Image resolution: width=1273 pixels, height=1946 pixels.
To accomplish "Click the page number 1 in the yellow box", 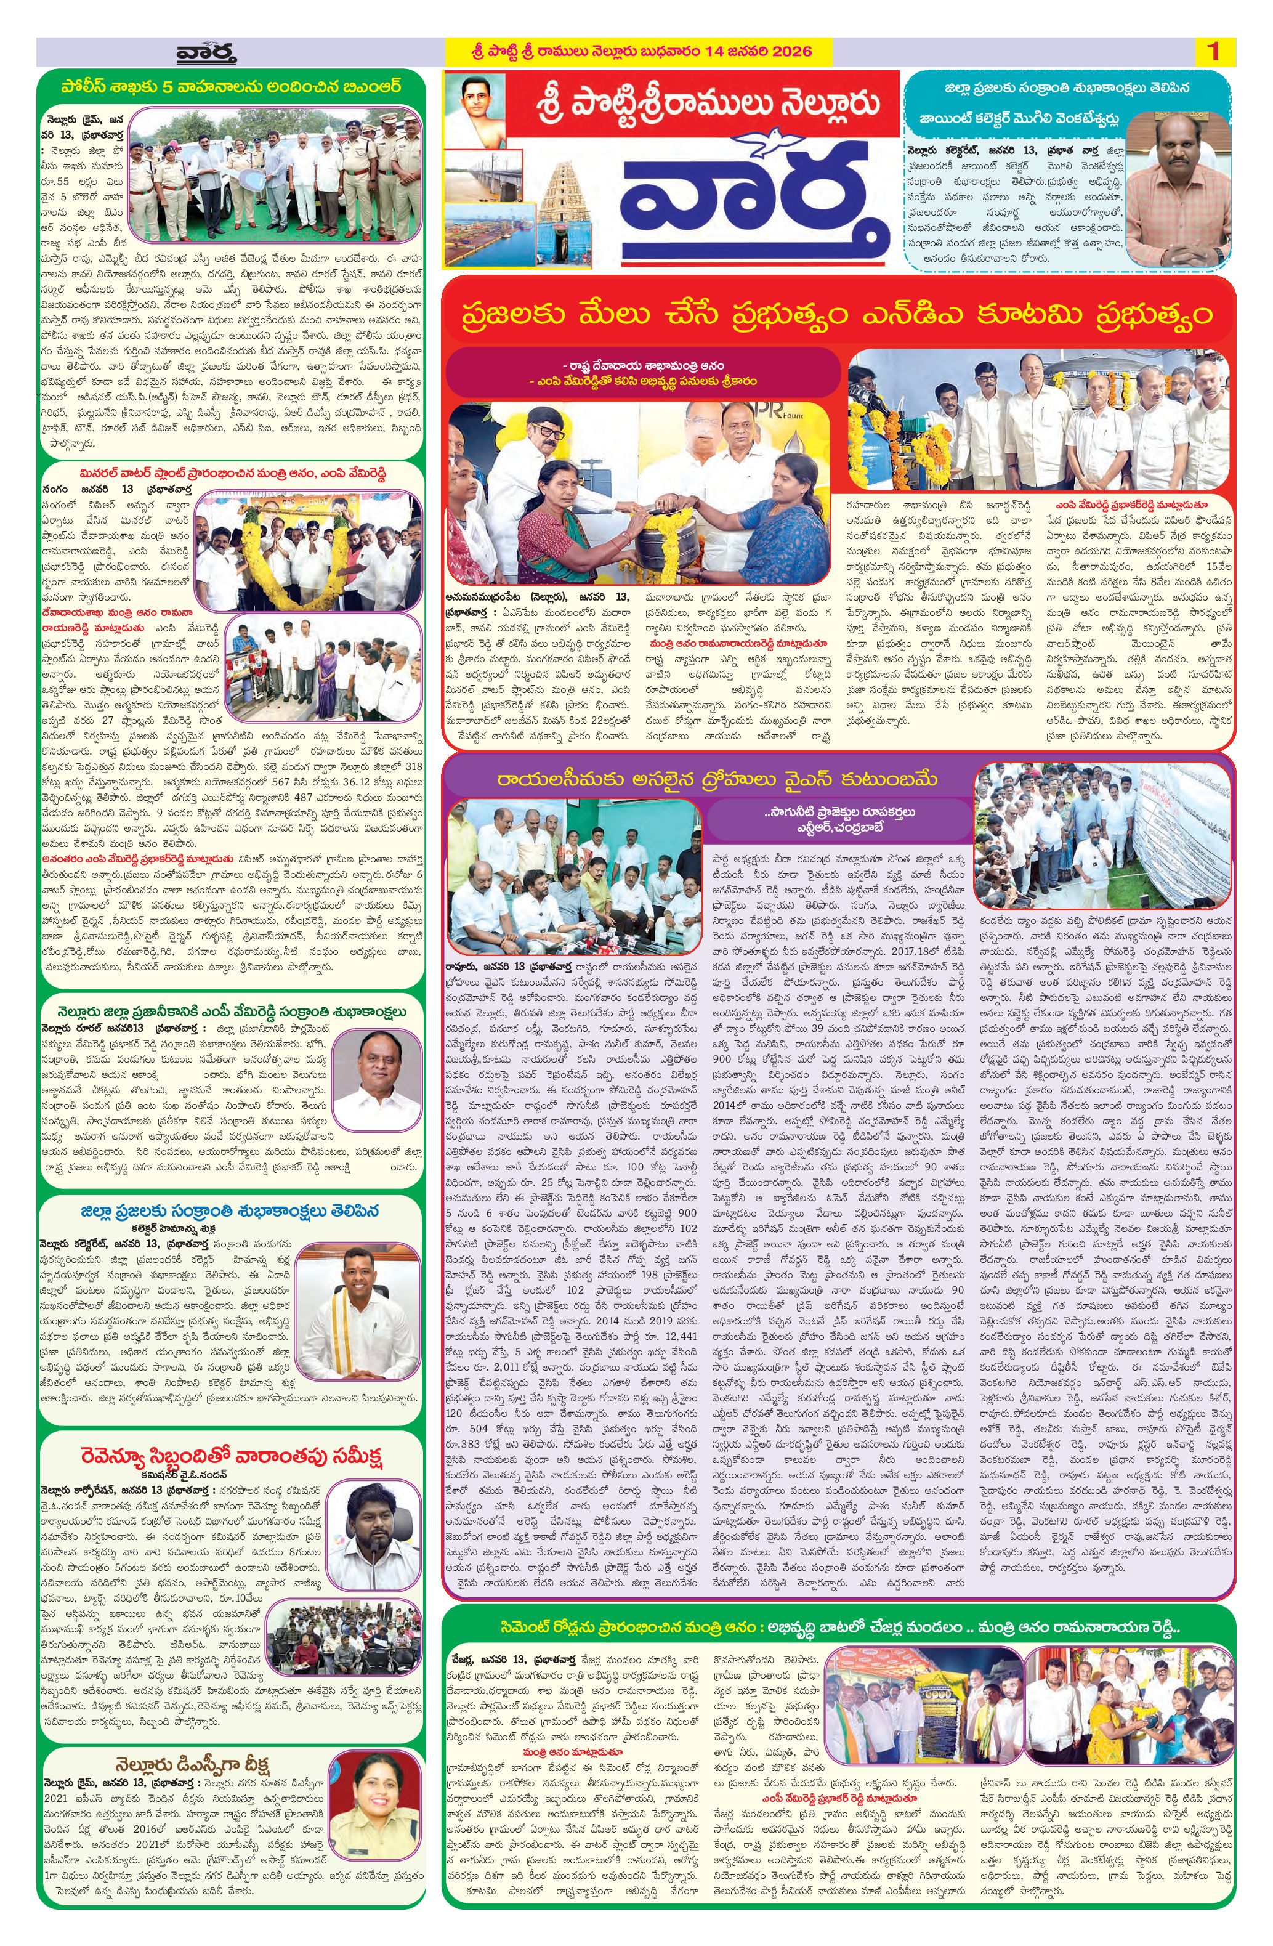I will (1213, 52).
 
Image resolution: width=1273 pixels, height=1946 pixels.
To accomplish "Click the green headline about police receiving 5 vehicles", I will (232, 85).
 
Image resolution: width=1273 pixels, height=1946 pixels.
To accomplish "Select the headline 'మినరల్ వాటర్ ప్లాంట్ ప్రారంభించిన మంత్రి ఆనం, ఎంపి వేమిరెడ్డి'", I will (232, 474).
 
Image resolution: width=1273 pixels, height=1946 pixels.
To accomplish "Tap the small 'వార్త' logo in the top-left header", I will (205, 53).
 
